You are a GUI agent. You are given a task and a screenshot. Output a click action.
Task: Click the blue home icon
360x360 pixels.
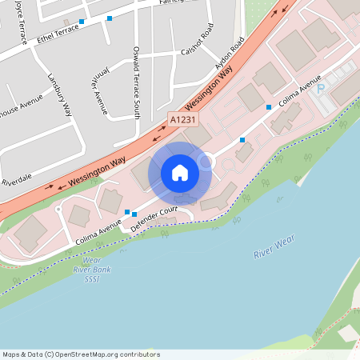(x=180, y=173)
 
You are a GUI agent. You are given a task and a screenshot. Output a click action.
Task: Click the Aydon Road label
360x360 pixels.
(x=229, y=55)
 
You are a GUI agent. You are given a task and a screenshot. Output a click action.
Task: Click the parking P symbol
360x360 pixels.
(x=321, y=89)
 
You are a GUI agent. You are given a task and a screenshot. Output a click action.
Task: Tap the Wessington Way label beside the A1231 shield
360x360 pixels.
(x=210, y=92)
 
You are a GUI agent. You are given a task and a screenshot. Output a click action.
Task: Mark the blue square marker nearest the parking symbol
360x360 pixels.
(x=269, y=107)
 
